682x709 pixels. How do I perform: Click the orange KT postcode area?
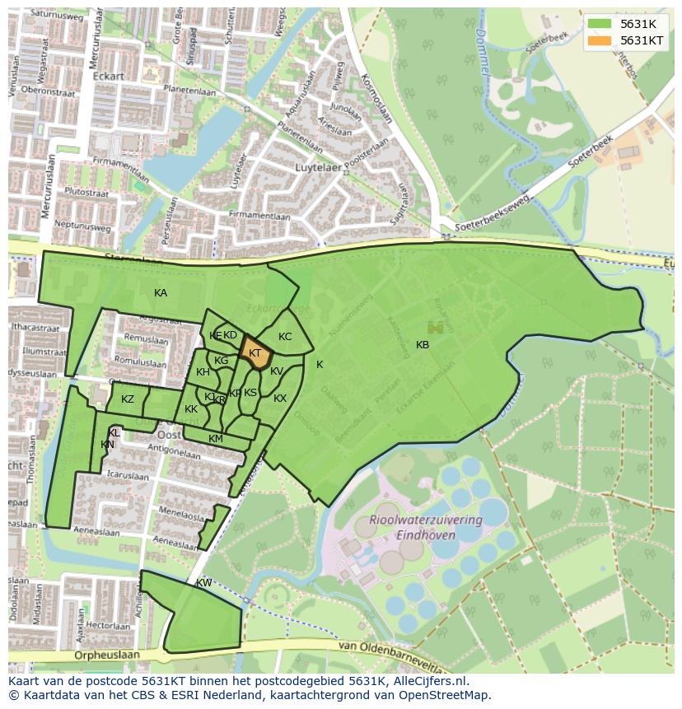pos(257,355)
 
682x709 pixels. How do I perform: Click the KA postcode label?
pos(161,293)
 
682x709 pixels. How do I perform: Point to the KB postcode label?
pos(423,345)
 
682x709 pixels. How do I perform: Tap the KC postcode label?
pos(285,337)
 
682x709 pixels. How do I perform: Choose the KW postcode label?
pos(203,583)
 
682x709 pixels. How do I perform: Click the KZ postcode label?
pos(128,399)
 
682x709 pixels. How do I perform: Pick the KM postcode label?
pos(216,439)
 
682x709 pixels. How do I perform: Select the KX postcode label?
pos(280,399)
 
